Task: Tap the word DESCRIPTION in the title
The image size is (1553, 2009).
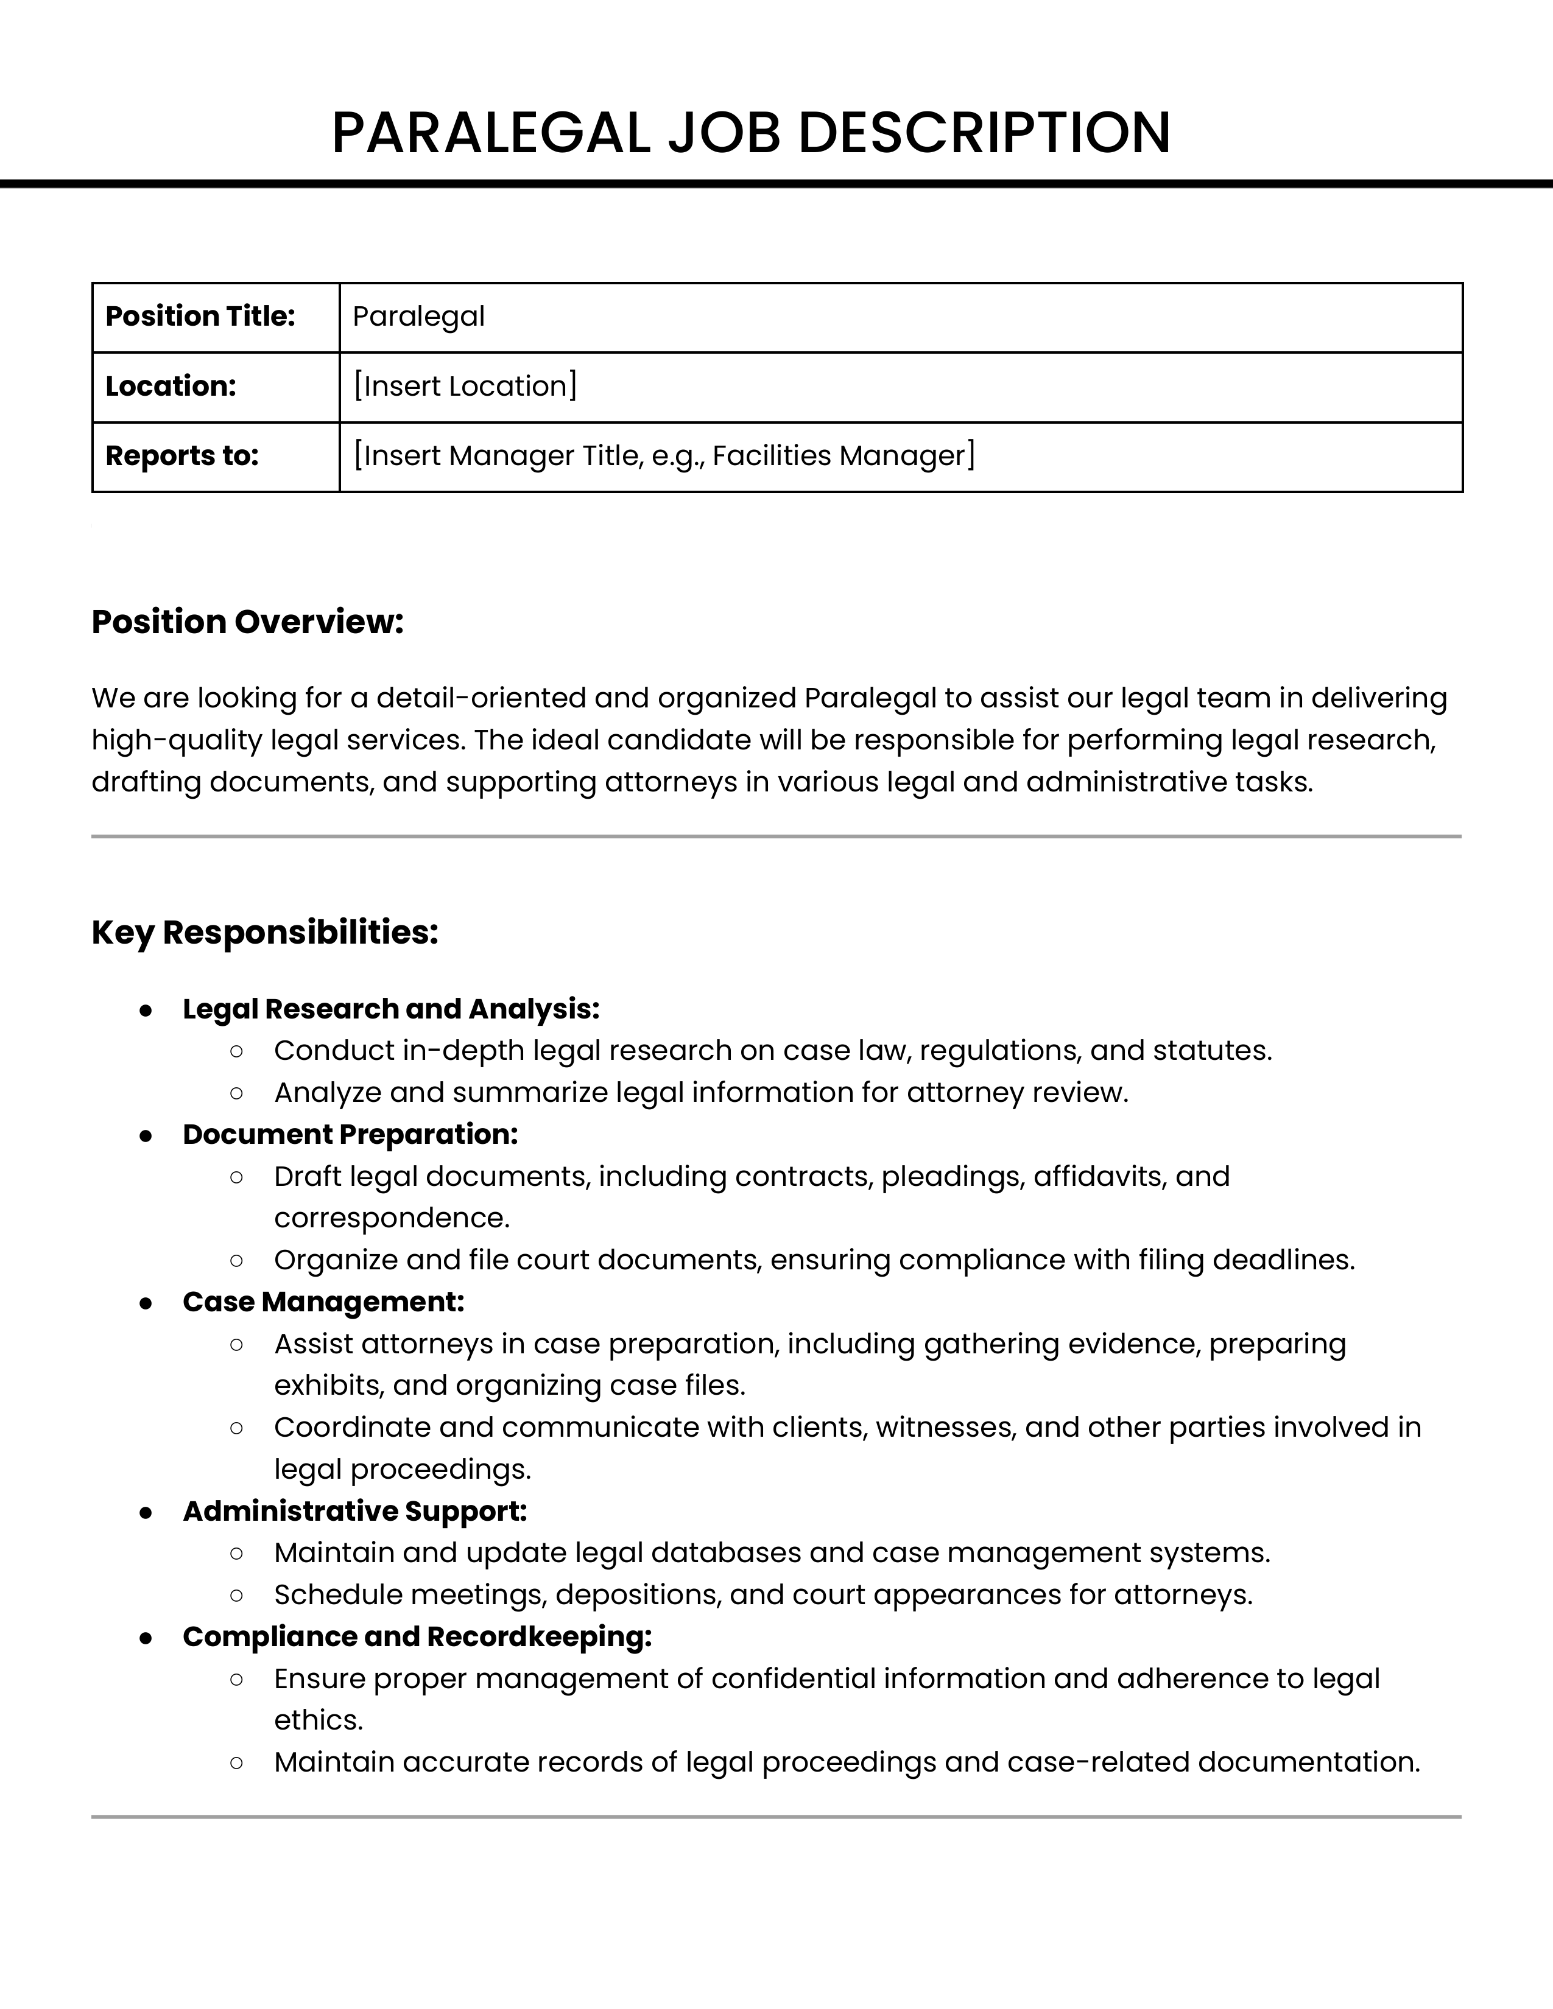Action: [984, 133]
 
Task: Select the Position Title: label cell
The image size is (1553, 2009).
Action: [200, 317]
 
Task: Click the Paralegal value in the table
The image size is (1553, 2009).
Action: [418, 317]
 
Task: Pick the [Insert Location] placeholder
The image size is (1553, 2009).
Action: [465, 387]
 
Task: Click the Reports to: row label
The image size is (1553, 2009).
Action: [182, 456]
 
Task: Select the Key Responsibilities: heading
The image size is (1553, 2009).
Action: [265, 933]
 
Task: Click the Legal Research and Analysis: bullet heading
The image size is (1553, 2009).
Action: [391, 1009]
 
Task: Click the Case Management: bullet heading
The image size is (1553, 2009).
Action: [323, 1302]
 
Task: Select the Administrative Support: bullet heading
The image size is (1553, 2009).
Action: [354, 1512]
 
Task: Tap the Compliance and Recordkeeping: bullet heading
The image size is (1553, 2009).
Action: [417, 1636]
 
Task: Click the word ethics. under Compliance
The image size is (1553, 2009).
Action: [319, 1720]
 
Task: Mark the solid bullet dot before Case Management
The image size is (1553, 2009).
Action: [146, 1303]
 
